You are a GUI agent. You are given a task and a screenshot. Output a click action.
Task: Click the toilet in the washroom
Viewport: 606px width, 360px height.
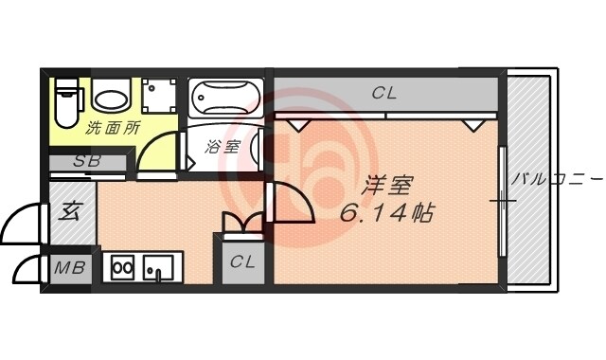click(x=65, y=101)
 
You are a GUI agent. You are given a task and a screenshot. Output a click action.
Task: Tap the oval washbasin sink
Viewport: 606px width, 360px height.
click(x=113, y=99)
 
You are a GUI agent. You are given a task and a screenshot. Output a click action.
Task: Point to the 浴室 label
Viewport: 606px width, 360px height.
click(x=224, y=148)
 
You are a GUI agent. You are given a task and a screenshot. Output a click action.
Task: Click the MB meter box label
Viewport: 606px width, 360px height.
click(x=68, y=268)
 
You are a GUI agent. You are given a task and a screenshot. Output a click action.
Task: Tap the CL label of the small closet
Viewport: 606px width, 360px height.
click(x=243, y=262)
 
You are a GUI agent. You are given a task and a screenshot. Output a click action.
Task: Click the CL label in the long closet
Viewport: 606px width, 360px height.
click(x=383, y=93)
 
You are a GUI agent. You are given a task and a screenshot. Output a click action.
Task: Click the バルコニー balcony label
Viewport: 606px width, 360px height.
click(x=557, y=177)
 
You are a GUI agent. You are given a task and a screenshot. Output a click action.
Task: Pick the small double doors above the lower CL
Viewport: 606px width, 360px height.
click(x=243, y=223)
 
